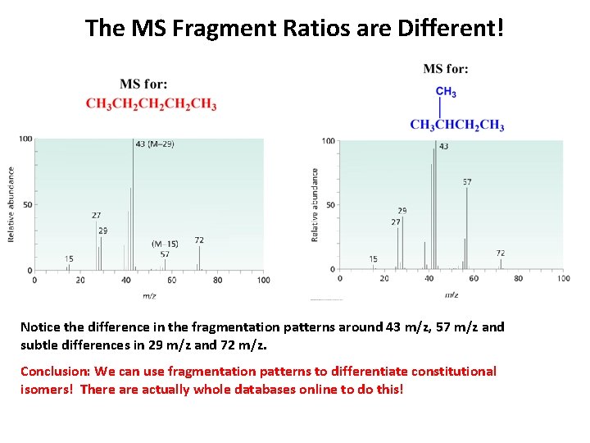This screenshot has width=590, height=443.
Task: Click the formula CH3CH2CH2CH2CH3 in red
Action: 151,103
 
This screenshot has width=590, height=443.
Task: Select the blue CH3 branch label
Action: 446,92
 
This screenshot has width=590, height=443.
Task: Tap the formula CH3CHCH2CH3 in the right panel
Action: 456,125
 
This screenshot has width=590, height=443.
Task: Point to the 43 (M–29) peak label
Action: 154,144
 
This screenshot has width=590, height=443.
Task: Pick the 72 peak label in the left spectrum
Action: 199,240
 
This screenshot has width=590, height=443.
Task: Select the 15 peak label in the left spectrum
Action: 69,259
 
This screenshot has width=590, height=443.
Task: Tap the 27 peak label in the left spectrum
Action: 97,216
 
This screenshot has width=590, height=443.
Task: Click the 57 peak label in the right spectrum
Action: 467,181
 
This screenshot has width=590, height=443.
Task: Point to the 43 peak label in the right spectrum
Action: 443,147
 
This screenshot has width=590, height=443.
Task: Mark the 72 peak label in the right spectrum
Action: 500,253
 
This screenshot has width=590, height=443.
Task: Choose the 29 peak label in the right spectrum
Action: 402,211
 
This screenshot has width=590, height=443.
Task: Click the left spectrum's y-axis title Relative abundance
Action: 11,204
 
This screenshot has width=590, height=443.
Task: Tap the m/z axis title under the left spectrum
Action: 149,295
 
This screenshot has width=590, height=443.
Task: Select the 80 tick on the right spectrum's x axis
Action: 518,279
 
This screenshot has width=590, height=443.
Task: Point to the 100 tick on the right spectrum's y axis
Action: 328,141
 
